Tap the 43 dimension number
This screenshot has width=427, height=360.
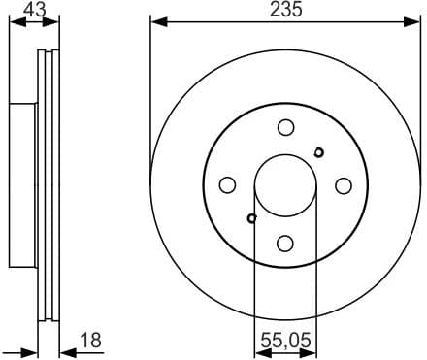click(x=33, y=10)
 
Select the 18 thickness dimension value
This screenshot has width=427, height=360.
click(x=88, y=340)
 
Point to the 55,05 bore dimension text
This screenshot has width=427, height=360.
click(x=284, y=340)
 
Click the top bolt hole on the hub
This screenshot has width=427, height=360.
click(x=285, y=127)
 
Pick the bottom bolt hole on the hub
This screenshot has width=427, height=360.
click(x=285, y=243)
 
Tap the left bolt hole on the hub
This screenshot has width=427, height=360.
click(x=227, y=184)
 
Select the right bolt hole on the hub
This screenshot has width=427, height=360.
click(x=343, y=184)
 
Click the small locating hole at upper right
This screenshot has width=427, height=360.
click(x=319, y=150)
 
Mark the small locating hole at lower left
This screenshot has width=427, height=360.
click(x=251, y=218)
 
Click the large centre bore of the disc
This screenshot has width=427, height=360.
click(x=285, y=184)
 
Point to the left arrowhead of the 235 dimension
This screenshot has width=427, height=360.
click(x=156, y=22)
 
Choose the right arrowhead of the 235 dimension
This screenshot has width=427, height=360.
click(x=412, y=22)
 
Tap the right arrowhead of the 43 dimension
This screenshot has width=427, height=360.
click(x=53, y=22)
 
